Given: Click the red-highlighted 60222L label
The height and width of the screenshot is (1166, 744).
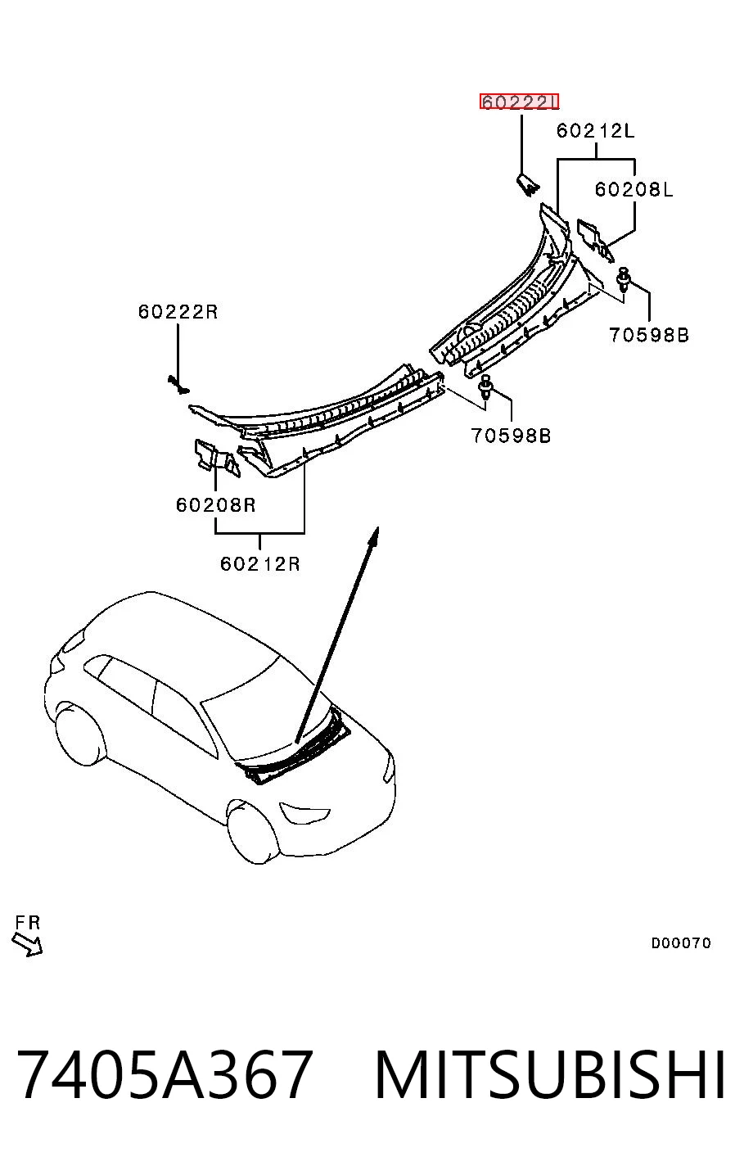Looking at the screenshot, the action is [x=519, y=102].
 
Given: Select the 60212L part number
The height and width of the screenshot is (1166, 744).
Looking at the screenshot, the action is [x=596, y=130].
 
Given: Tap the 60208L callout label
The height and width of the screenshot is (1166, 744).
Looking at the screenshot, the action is [x=634, y=189].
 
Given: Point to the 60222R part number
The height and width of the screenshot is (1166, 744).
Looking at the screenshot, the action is [x=178, y=311].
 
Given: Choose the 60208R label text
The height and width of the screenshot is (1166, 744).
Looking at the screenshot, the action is [x=216, y=504].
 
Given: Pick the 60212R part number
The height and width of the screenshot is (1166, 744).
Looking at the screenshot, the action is [x=260, y=563].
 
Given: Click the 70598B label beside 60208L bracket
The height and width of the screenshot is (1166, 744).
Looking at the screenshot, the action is [x=649, y=335].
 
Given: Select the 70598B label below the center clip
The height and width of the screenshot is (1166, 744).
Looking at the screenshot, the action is [x=511, y=435].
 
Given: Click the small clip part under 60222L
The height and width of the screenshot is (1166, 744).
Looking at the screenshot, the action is [x=528, y=185].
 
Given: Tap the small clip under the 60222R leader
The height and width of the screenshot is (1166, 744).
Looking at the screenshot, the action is [x=178, y=385].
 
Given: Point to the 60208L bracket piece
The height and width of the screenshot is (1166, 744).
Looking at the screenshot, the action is [x=595, y=239].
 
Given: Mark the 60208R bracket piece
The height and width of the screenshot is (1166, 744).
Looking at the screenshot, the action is [x=217, y=457].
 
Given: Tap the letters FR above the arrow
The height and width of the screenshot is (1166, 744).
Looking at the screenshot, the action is [x=28, y=922].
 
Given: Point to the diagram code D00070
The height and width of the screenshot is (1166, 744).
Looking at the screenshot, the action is [x=680, y=942].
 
